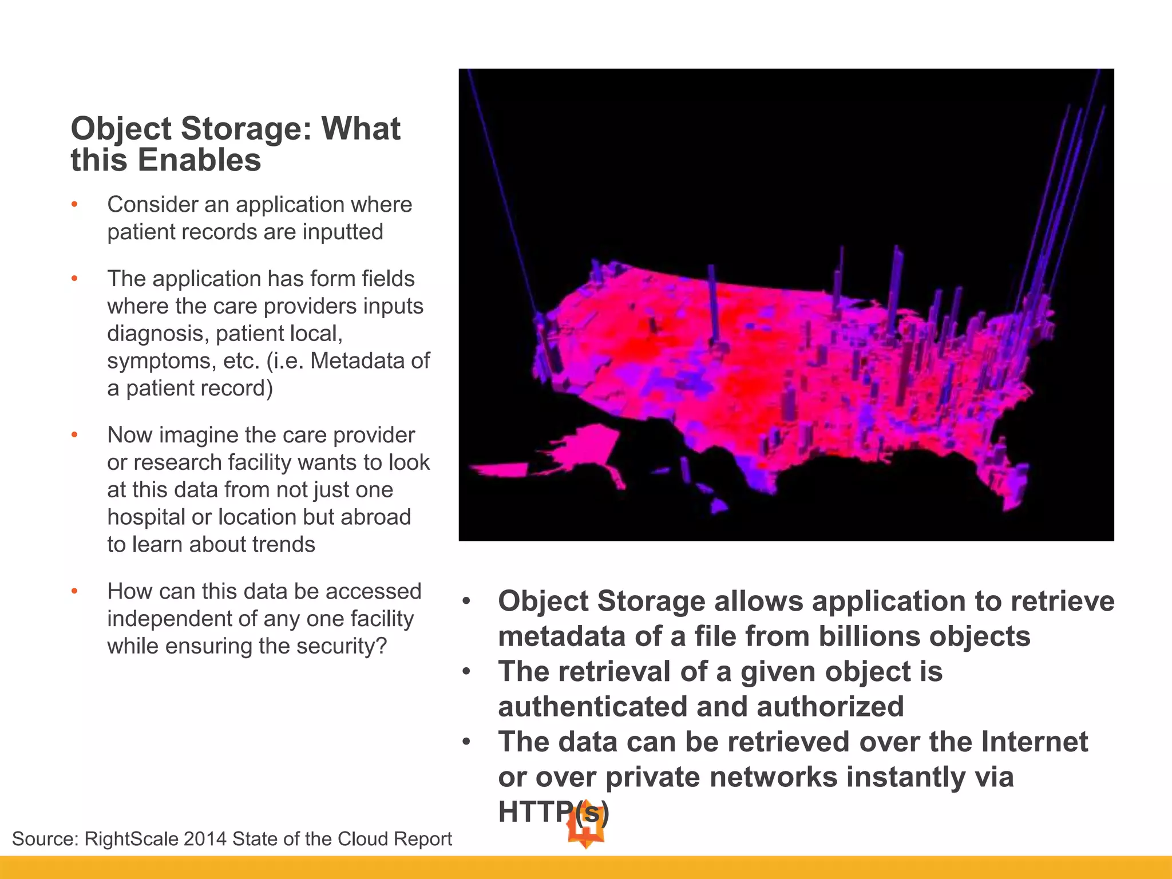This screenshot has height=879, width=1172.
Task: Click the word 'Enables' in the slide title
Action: coord(199,160)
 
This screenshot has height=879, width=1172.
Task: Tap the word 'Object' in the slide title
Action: coord(121,129)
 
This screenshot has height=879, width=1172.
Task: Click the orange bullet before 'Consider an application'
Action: coord(74,204)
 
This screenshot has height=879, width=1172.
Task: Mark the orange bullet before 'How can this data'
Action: coord(74,591)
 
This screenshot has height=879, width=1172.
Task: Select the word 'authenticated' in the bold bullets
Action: coord(593,707)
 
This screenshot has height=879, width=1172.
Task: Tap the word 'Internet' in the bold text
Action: coord(1034,742)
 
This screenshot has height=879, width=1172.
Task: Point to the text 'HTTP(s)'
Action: coord(553,811)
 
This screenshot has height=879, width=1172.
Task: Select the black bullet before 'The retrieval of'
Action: coord(467,671)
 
